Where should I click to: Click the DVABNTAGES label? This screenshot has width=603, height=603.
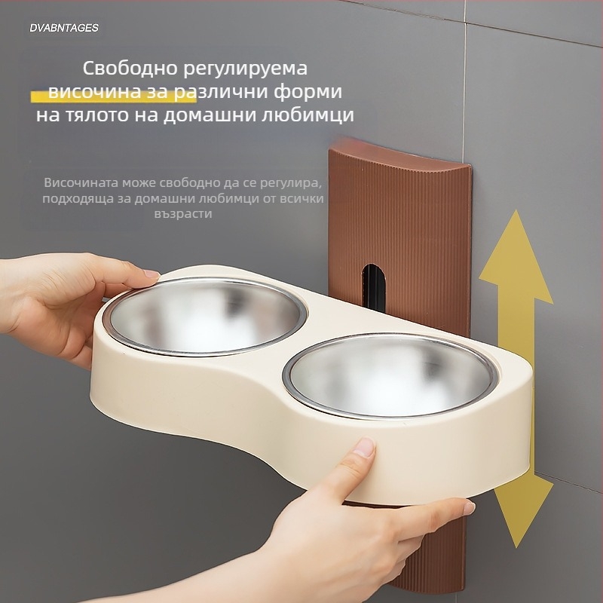(x=64, y=28)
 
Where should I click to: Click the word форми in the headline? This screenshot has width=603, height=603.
(x=308, y=92)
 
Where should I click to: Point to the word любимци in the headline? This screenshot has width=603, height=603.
(x=308, y=115)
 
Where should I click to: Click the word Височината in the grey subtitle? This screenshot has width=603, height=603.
(x=81, y=182)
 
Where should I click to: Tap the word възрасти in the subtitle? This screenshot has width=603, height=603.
(x=183, y=214)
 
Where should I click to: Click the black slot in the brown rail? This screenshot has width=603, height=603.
(x=374, y=287)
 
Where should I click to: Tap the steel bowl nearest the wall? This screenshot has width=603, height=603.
(x=390, y=375)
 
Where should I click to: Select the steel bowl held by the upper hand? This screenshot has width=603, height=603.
(x=204, y=317)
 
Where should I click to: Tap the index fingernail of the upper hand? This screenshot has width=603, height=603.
(x=152, y=274)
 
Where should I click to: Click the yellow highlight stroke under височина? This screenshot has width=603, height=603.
(x=114, y=96)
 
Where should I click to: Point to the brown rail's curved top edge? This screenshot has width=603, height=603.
(x=400, y=153)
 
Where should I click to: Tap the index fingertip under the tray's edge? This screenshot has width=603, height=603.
(x=468, y=507)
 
